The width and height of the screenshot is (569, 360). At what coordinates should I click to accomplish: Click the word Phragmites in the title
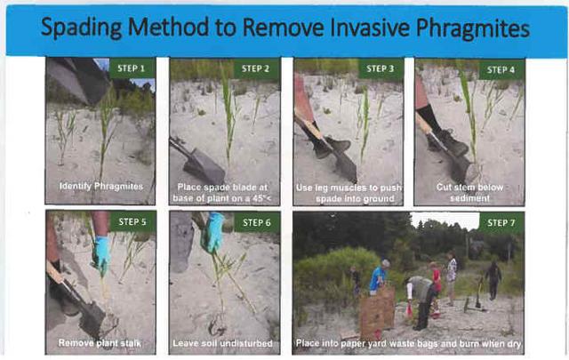pyautogui.click(x=472, y=28)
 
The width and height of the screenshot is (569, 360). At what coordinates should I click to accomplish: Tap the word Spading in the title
pyautogui.click(x=81, y=28)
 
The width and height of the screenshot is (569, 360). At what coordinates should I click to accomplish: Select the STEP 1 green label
pyautogui.click(x=132, y=68)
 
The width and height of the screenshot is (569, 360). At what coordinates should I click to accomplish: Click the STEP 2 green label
pyautogui.click(x=256, y=68)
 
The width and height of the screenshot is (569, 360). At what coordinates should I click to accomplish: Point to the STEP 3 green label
pyautogui.click(x=381, y=68)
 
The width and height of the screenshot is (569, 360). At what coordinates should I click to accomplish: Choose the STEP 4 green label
pyautogui.click(x=501, y=69)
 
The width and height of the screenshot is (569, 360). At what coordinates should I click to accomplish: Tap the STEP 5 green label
pyautogui.click(x=132, y=221)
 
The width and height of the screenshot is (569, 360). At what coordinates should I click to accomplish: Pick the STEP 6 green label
pyautogui.click(x=257, y=222)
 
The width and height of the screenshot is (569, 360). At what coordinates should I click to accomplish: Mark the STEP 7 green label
pyautogui.click(x=501, y=222)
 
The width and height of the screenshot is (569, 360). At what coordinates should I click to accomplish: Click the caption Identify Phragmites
pyautogui.click(x=101, y=187)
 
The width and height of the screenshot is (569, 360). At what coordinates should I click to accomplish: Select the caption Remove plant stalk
pyautogui.click(x=100, y=343)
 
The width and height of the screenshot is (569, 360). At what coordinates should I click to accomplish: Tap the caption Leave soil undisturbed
pyautogui.click(x=222, y=343)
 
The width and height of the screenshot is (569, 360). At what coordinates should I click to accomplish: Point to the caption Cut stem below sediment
pyautogui.click(x=470, y=193)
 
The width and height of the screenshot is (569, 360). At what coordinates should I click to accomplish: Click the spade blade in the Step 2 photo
pyautogui.click(x=204, y=166)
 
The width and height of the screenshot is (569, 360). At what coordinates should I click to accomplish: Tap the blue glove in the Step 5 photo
pyautogui.click(x=101, y=254)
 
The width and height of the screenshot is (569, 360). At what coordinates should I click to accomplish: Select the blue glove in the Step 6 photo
pyautogui.click(x=212, y=231)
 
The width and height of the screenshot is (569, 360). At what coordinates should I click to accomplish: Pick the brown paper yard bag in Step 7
pyautogui.click(x=377, y=313)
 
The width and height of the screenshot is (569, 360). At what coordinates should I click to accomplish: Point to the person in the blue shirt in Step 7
pyautogui.click(x=379, y=276)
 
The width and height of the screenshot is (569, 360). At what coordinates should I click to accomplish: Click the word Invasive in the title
pyautogui.click(x=371, y=28)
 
